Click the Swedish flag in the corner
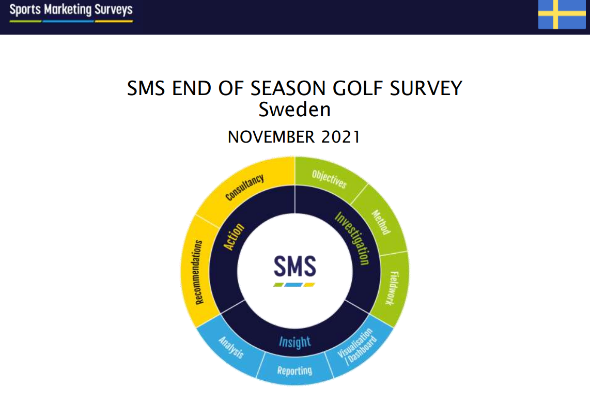[x=562, y=14]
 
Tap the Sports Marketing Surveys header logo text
[x=71, y=9]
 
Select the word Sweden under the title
[x=294, y=110]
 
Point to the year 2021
[x=341, y=137]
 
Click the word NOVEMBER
[x=271, y=137]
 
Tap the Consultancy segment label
[x=244, y=187]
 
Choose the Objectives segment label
[x=329, y=179]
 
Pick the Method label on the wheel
[x=381, y=222]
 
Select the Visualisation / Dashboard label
[x=356, y=346]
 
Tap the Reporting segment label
[x=294, y=370]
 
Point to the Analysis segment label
[x=231, y=347]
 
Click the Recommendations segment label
[x=199, y=272]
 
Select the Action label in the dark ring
[x=234, y=236]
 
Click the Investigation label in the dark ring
[x=352, y=238]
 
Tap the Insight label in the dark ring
[x=294, y=342]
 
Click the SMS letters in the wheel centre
[x=294, y=266]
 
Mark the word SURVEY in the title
[x=426, y=88]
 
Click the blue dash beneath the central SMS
[x=293, y=285]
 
